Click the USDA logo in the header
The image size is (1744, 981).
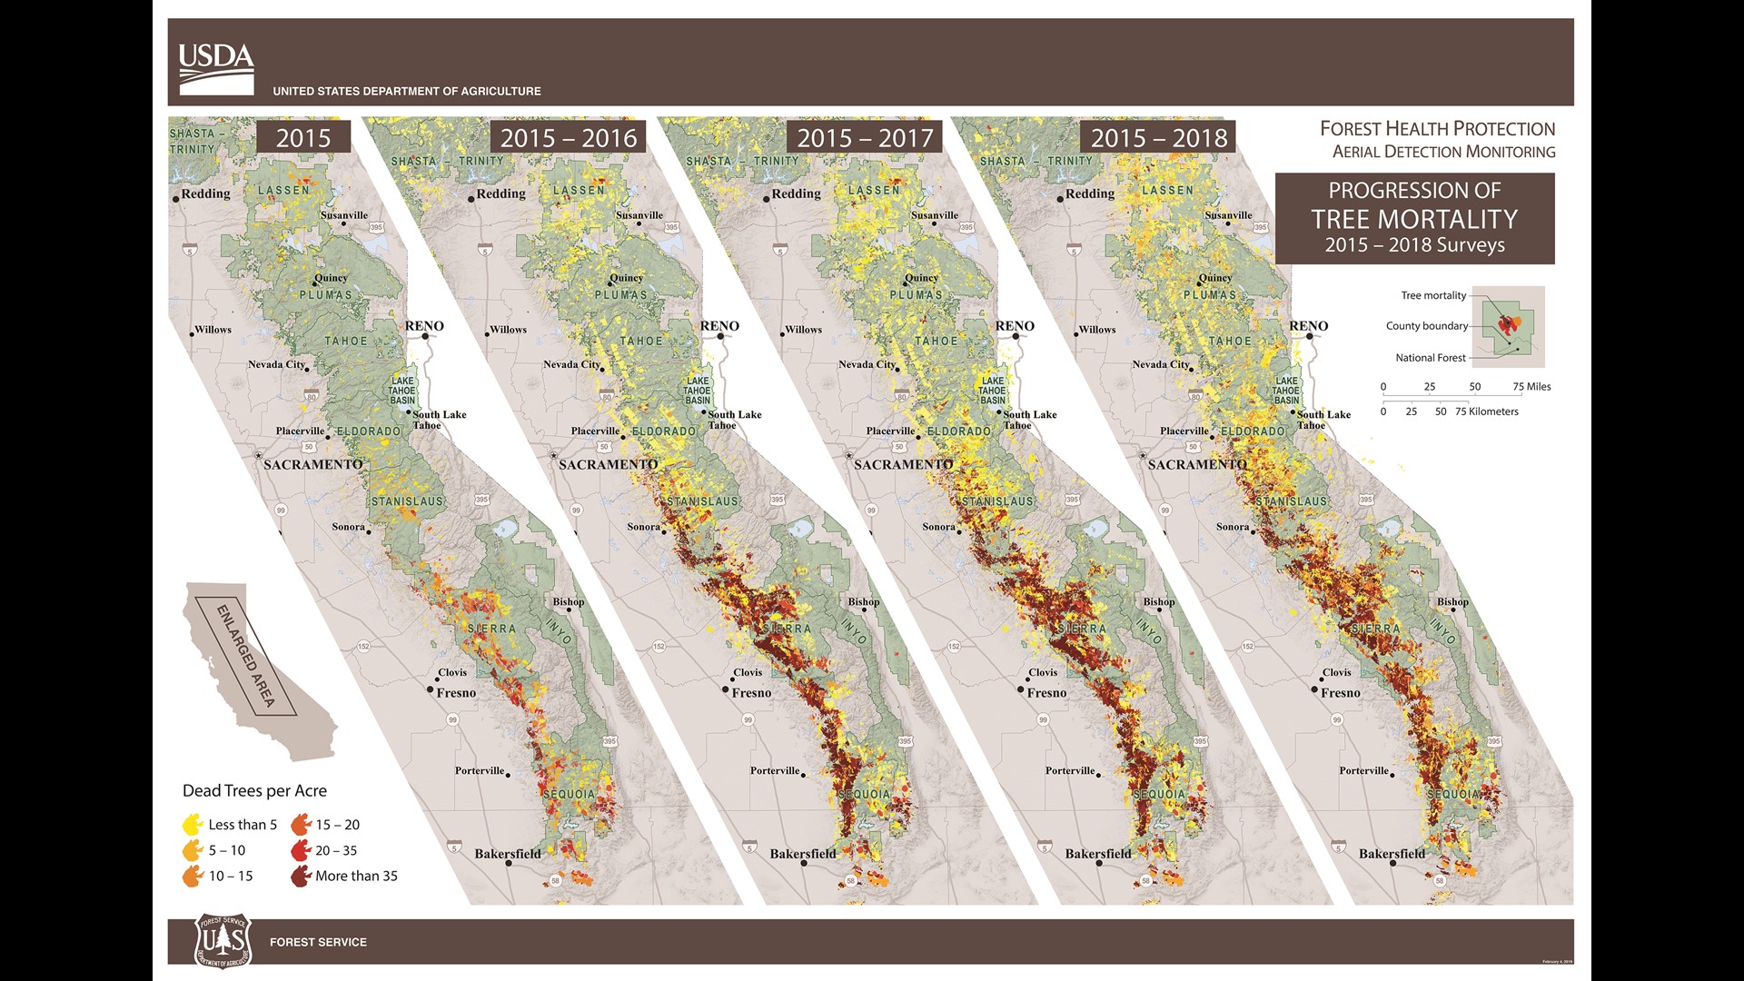(216, 68)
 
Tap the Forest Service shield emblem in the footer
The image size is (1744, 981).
(223, 941)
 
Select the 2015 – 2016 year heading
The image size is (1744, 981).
(569, 138)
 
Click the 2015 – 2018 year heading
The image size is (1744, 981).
(1158, 138)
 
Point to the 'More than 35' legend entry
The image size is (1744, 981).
(356, 876)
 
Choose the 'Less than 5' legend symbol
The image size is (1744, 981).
(193, 825)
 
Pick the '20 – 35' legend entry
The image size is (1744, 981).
(336, 850)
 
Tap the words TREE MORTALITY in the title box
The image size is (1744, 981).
(1414, 219)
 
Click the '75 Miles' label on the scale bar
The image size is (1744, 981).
(1531, 387)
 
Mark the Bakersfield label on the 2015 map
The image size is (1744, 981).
(507, 854)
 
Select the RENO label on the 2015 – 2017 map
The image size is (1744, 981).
(1014, 326)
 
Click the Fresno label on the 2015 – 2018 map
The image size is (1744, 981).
(1341, 692)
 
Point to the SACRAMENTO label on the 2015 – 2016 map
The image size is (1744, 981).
(608, 464)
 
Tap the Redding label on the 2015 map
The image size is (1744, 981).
(205, 193)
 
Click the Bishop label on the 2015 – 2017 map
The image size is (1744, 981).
(863, 601)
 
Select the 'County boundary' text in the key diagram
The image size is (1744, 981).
(1426, 326)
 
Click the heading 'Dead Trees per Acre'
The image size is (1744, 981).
(254, 790)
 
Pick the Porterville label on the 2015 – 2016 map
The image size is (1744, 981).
(774, 770)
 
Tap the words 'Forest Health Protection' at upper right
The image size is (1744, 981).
(1437, 129)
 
